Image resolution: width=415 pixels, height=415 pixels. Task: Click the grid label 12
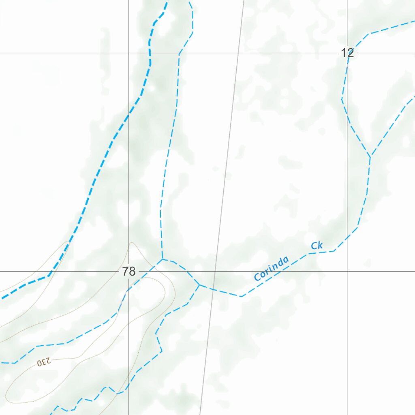click(347, 53)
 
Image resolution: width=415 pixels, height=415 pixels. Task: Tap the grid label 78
click(128, 272)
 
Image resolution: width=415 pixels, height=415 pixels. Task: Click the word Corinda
click(272, 268)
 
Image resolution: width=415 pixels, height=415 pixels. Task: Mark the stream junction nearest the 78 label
click(162, 259)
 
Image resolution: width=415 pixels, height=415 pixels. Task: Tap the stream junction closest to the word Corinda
click(199, 285)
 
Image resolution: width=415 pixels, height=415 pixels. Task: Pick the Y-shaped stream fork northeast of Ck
click(370, 156)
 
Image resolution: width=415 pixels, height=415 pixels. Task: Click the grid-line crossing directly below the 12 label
click(347, 271)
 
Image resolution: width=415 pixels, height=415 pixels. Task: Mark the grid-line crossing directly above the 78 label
click(129, 53)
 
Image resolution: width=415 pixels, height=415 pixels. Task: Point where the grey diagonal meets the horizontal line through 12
click(238, 53)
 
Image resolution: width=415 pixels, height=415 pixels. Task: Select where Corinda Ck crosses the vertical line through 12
click(347, 236)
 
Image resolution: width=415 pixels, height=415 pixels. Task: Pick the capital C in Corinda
click(257, 277)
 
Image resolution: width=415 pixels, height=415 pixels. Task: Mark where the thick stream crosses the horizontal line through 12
click(150, 53)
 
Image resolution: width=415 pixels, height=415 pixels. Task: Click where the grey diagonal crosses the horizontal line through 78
click(215, 271)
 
